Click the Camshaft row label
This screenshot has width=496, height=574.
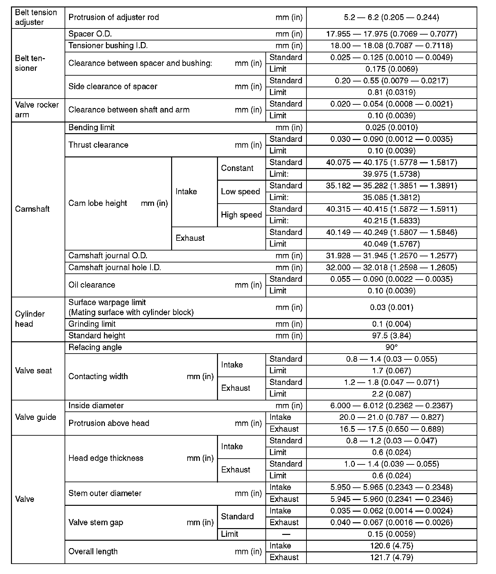pyautogui.click(x=32, y=209)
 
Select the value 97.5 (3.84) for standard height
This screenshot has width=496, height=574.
pyautogui.click(x=391, y=335)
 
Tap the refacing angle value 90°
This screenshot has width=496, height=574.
pyautogui.click(x=391, y=347)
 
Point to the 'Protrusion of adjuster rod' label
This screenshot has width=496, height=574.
pyautogui.click(x=114, y=17)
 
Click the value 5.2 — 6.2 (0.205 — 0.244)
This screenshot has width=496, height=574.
pyautogui.click(x=391, y=17)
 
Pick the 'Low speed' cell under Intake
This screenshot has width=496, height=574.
pyautogui.click(x=241, y=191)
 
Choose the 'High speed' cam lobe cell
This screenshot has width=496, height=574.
pyautogui.click(x=241, y=215)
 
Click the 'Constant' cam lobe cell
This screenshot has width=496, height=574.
pyautogui.click(x=237, y=168)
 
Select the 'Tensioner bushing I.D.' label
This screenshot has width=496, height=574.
pyautogui.click(x=108, y=46)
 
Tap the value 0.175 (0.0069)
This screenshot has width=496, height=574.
pyautogui.click(x=391, y=69)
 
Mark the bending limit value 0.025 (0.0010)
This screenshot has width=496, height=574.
pyautogui.click(x=391, y=127)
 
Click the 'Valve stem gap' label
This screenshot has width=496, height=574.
pyautogui.click(x=96, y=522)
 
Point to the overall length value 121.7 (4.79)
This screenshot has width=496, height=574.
pyautogui.click(x=391, y=557)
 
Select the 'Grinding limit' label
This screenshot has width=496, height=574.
pyautogui.click(x=92, y=324)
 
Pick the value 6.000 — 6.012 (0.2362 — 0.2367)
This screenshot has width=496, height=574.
pyautogui.click(x=391, y=406)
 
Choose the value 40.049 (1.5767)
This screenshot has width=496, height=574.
pyautogui.click(x=391, y=244)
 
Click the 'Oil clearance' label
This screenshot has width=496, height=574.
pyautogui.click(x=92, y=285)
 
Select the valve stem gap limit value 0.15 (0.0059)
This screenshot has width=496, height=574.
pyautogui.click(x=391, y=534)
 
